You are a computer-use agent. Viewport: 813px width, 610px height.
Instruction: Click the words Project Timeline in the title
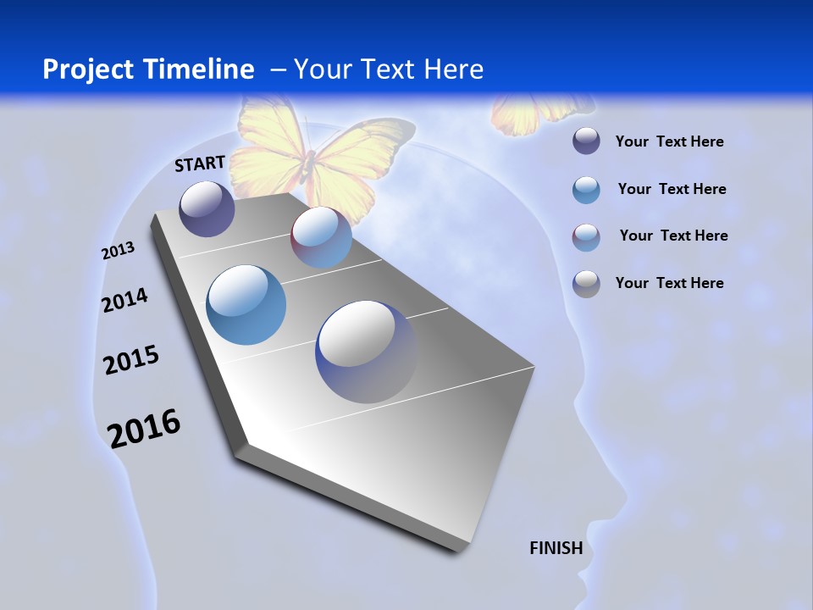148,69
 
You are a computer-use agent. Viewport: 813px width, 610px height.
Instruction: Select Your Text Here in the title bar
389,69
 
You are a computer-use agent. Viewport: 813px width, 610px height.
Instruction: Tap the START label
200,164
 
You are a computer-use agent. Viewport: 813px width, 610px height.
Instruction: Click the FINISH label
556,548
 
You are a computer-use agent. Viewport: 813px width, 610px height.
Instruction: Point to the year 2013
119,251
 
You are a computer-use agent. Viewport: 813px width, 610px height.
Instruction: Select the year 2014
125,300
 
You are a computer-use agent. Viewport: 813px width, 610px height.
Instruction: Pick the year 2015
131,360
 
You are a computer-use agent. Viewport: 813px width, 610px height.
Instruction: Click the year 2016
144,428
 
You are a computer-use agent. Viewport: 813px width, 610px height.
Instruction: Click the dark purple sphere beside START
207,208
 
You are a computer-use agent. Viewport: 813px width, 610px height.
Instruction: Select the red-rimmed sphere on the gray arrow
321,237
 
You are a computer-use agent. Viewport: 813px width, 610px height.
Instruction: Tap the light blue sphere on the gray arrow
246,305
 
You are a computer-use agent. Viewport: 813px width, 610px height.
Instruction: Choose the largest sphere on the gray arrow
366,352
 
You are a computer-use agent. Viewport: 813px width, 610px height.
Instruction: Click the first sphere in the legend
586,141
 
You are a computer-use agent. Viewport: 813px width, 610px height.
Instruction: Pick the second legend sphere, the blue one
586,190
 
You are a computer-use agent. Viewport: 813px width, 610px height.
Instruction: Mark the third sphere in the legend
586,237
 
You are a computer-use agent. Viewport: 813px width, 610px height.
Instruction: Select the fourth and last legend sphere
586,284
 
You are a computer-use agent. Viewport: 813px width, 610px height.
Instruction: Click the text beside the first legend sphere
669,141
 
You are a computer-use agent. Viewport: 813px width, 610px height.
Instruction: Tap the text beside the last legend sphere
669,283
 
